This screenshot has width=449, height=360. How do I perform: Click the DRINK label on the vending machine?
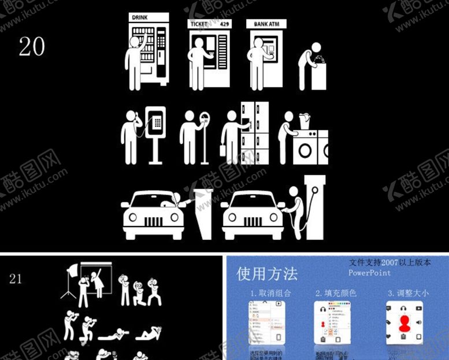point(140,18)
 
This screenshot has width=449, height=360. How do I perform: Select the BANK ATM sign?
point(266,25)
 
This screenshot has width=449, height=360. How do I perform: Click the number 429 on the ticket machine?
point(224,24)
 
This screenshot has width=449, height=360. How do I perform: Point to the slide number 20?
point(31,47)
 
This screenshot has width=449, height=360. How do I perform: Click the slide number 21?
point(16,279)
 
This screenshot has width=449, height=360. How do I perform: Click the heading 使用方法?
point(267,273)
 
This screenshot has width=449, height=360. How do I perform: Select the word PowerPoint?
point(370,273)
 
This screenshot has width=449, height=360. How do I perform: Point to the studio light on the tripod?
point(73,270)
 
